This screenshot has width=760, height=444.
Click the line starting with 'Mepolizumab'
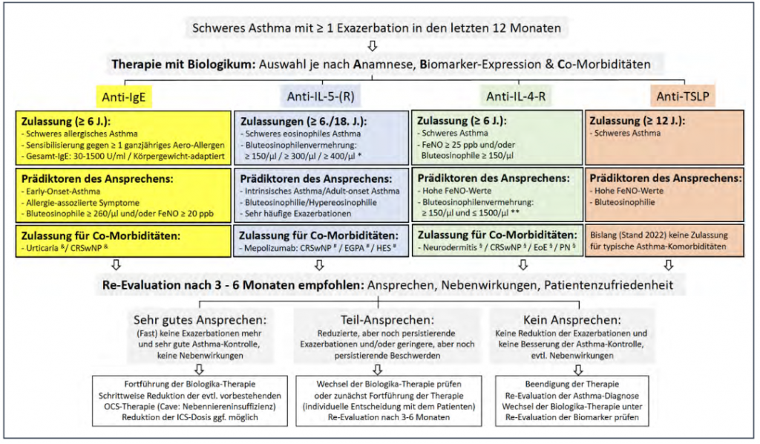pos(323,245)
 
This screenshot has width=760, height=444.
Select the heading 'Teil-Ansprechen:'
pos(379,320)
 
